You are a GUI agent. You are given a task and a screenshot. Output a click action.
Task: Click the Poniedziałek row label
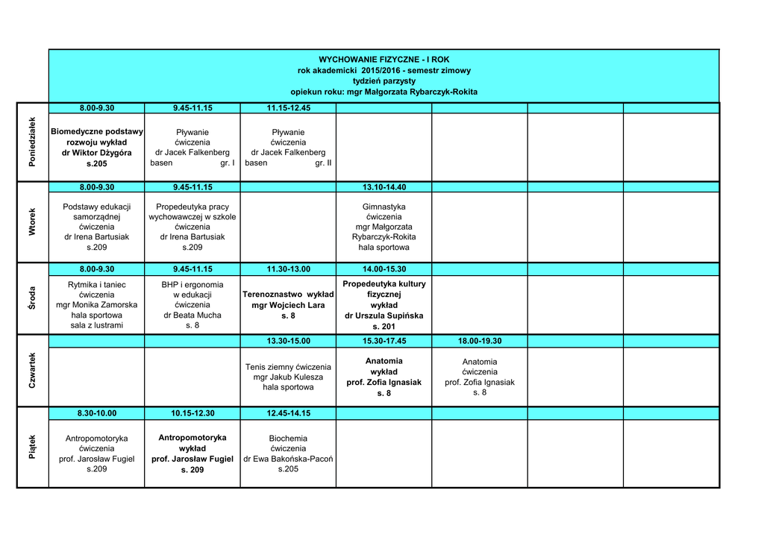32,142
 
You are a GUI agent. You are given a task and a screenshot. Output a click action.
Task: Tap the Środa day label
32,298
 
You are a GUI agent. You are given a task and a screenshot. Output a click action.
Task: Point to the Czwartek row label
32,370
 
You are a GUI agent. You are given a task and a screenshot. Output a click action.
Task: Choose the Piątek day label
32,448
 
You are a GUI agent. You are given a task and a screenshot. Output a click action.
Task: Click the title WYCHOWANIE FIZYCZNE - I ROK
384,59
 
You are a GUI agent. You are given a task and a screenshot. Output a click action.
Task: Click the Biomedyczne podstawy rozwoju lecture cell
97,147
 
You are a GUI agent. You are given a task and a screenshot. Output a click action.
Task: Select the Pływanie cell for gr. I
192,147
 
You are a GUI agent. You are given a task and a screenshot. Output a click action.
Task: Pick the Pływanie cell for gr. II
288,147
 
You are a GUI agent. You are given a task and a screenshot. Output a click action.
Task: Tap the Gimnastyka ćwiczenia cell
384,227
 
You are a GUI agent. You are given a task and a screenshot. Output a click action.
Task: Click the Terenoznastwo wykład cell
288,305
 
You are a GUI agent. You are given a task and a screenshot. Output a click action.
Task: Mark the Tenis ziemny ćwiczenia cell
288,377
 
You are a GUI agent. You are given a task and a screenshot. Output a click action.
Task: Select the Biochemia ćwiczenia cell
288,453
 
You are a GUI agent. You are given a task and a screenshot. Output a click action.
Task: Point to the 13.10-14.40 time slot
384,187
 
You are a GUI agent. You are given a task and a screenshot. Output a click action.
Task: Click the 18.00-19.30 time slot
480,341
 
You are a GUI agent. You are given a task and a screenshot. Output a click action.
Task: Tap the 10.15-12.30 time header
192,413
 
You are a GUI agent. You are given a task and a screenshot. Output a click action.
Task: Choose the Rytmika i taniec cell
97,304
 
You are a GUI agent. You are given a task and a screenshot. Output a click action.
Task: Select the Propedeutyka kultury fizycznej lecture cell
384,304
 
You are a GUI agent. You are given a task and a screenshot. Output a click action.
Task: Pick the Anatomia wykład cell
384,377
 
